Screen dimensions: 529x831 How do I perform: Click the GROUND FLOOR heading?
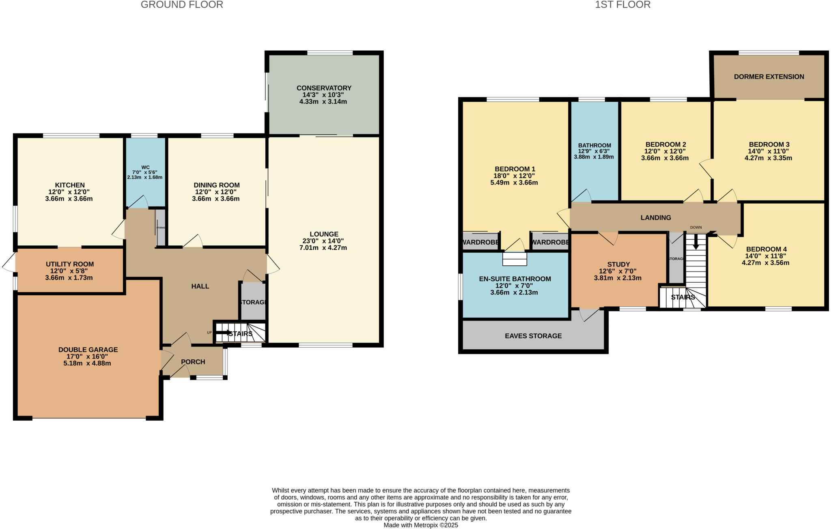click(x=182, y=5)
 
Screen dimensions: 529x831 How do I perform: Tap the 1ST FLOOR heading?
click(x=622, y=5)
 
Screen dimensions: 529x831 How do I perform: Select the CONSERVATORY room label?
click(x=324, y=88)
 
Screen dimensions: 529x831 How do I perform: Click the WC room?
click(x=145, y=172)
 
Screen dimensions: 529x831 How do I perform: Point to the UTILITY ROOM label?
click(x=70, y=264)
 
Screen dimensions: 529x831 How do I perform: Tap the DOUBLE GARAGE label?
click(x=88, y=350)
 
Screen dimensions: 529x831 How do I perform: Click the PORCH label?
click(x=193, y=362)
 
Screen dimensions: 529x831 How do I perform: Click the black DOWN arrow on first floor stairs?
click(x=696, y=244)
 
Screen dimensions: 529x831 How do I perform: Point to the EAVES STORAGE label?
click(x=533, y=336)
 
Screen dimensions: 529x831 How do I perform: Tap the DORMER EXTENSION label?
click(x=769, y=77)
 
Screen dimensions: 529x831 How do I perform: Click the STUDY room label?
click(x=618, y=264)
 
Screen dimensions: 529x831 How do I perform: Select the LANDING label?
click(x=656, y=218)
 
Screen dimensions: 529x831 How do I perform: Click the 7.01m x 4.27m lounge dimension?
click(x=323, y=247)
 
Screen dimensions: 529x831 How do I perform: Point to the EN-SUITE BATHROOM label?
click(x=515, y=279)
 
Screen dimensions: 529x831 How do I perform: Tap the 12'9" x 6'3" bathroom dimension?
click(x=594, y=151)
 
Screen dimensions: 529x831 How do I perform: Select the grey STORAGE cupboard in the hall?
click(x=253, y=302)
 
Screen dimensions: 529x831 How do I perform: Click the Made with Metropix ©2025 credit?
click(x=421, y=525)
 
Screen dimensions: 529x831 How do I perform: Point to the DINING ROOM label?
click(x=217, y=185)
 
